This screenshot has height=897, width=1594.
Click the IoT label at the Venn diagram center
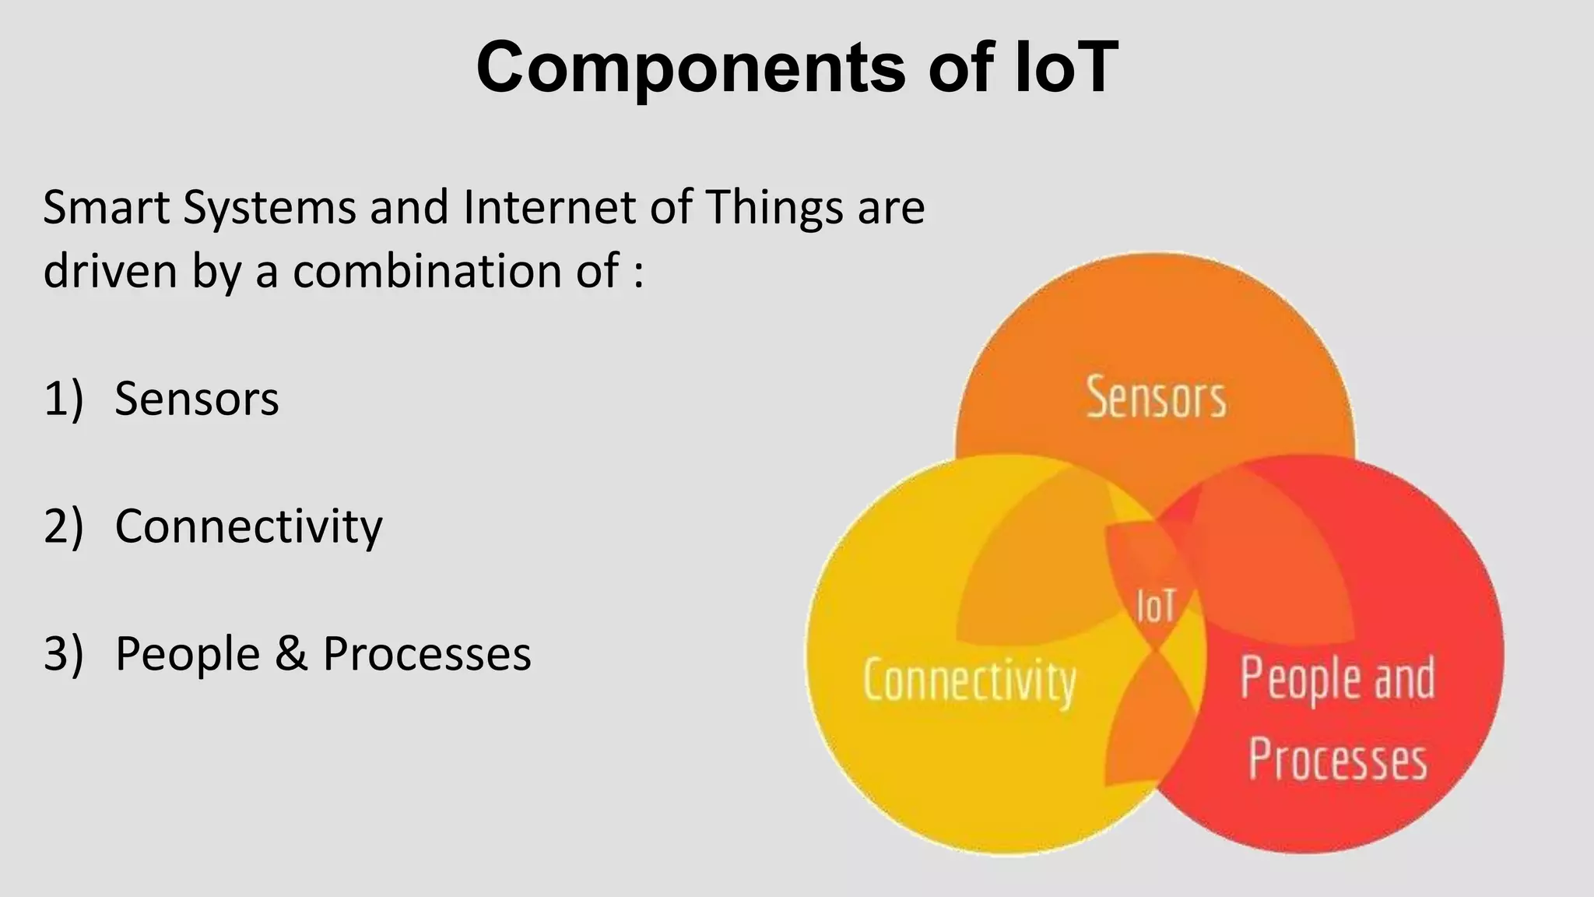pyautogui.click(x=1156, y=606)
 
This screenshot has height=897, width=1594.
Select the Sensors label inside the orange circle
pyautogui.click(x=1156, y=398)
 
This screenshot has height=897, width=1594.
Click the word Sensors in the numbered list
pyautogui.click(x=196, y=399)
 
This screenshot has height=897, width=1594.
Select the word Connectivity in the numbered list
pyautogui.click(x=248, y=526)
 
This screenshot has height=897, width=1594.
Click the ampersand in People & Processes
pyautogui.click(x=291, y=653)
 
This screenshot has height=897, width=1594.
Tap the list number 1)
pyautogui.click(x=63, y=399)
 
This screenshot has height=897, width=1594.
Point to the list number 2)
pyautogui.click(x=63, y=526)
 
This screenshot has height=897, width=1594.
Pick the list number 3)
pyautogui.click(x=63, y=653)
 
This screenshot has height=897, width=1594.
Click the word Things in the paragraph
pyautogui.click(x=774, y=208)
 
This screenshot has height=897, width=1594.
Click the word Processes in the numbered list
pyautogui.click(x=427, y=653)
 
